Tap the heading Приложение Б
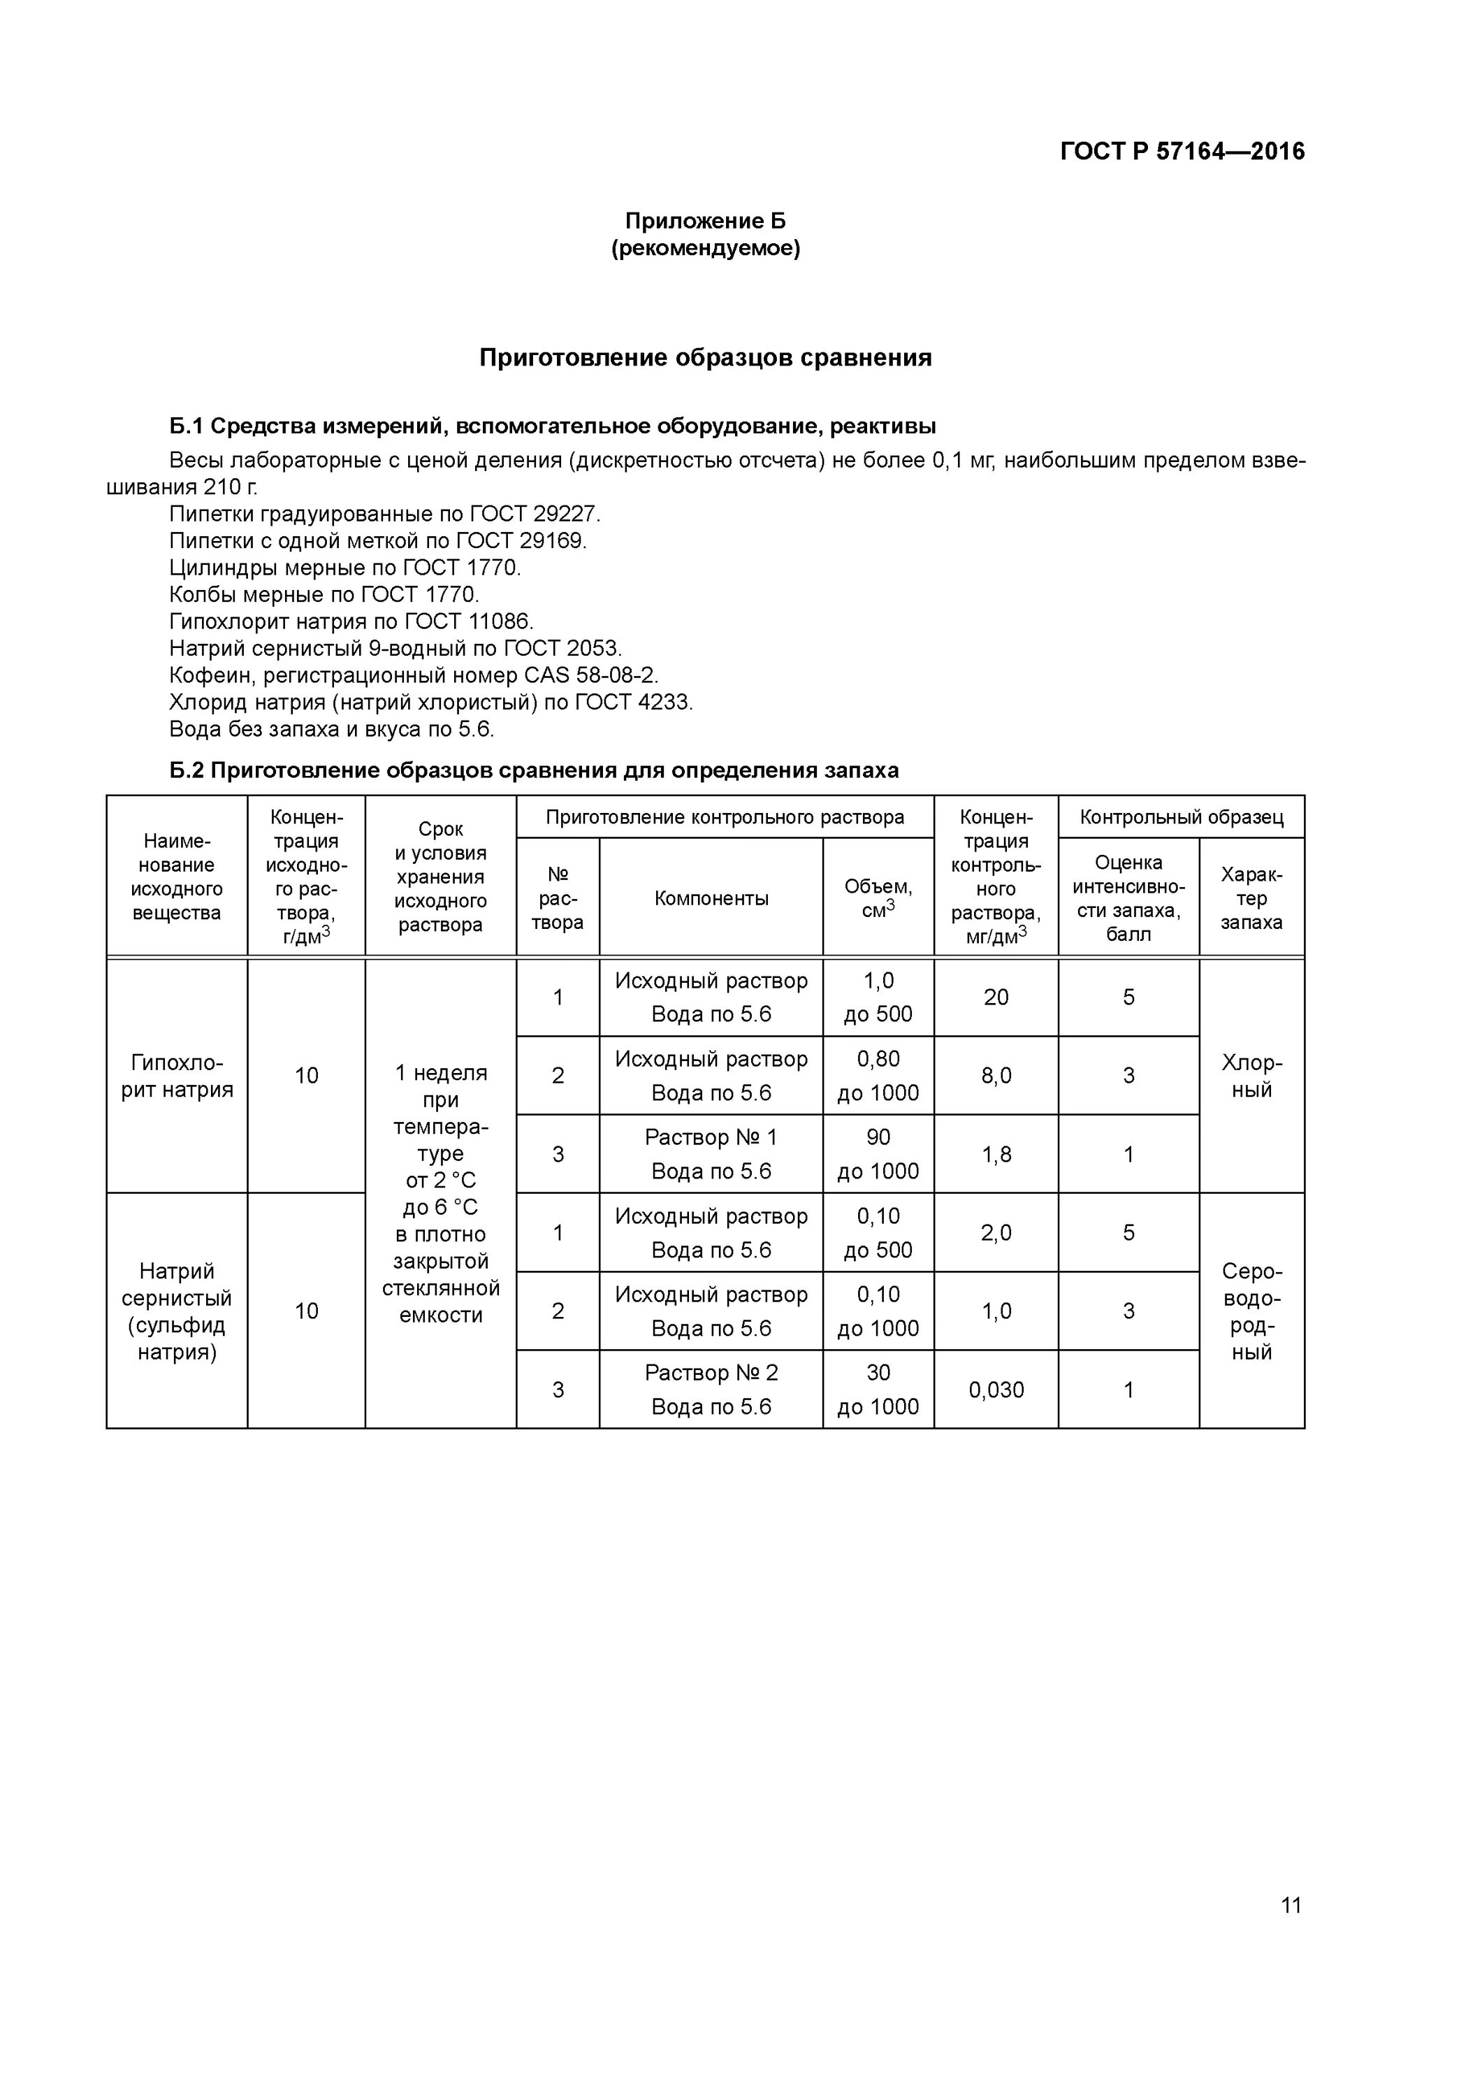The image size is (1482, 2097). [x=705, y=221]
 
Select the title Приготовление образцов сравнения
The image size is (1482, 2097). [x=705, y=358]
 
